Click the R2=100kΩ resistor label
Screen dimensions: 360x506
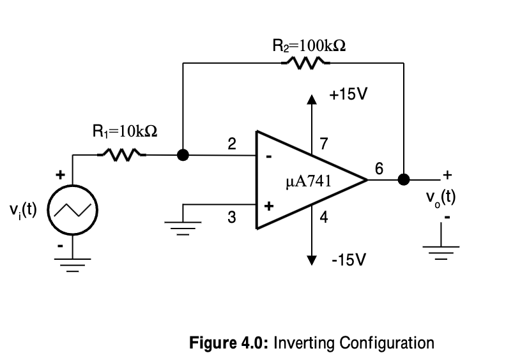309,45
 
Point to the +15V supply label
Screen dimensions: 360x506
348,94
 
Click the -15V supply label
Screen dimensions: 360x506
349,260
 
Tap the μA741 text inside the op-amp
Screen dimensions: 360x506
309,181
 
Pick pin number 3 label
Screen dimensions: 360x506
233,218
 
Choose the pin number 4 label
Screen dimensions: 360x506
324,218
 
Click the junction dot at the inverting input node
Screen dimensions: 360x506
183,154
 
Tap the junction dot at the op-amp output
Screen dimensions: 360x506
403,179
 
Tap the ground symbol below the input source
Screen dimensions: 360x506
73,263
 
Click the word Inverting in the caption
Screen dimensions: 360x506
303,343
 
